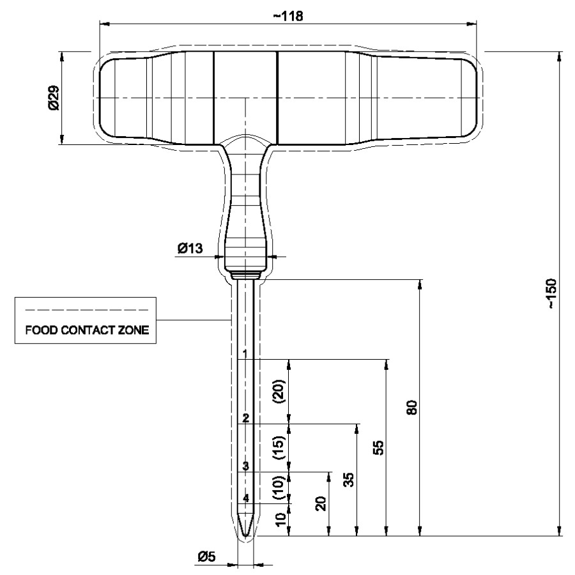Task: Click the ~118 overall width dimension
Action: click(288, 16)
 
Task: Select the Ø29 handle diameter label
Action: click(54, 98)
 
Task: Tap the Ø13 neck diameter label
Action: click(190, 249)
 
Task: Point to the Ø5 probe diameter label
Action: click(206, 557)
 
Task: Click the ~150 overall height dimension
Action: click(551, 294)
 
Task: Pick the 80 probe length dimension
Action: click(412, 408)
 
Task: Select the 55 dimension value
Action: click(378, 447)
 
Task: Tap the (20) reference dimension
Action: click(279, 391)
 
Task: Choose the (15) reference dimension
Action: click(279, 448)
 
